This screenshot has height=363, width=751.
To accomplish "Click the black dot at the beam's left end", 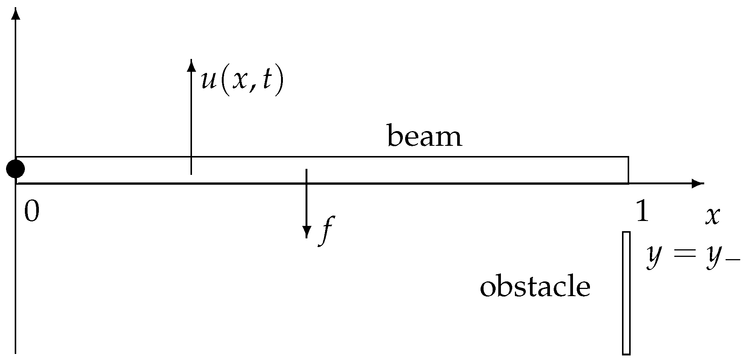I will click(x=15, y=169).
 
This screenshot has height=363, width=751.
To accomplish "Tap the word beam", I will click(x=424, y=137).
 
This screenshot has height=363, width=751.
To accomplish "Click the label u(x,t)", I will click(x=242, y=80).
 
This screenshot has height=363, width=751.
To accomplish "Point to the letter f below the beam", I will click(x=326, y=230).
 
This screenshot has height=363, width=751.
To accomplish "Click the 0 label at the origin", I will click(x=31, y=212).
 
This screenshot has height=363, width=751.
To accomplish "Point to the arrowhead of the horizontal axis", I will click(x=699, y=184).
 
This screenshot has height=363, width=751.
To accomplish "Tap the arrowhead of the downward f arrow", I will click(x=307, y=231).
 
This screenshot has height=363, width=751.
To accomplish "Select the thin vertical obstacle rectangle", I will click(x=626, y=293).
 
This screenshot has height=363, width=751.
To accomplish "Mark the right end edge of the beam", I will click(x=628, y=170).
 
